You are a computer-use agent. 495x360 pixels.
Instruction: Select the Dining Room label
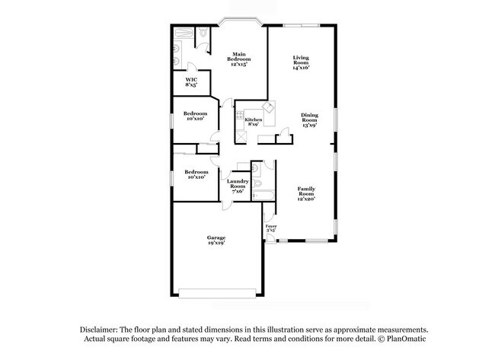(x=308, y=119)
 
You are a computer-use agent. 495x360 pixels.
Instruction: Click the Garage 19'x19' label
(x=216, y=241)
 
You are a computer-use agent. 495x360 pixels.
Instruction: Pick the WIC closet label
(x=192, y=82)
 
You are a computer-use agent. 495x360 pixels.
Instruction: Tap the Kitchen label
(x=254, y=121)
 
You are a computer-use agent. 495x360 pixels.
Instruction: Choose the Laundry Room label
(x=237, y=186)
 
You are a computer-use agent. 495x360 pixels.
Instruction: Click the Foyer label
(x=270, y=228)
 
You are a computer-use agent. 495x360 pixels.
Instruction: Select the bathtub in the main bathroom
(x=184, y=34)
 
